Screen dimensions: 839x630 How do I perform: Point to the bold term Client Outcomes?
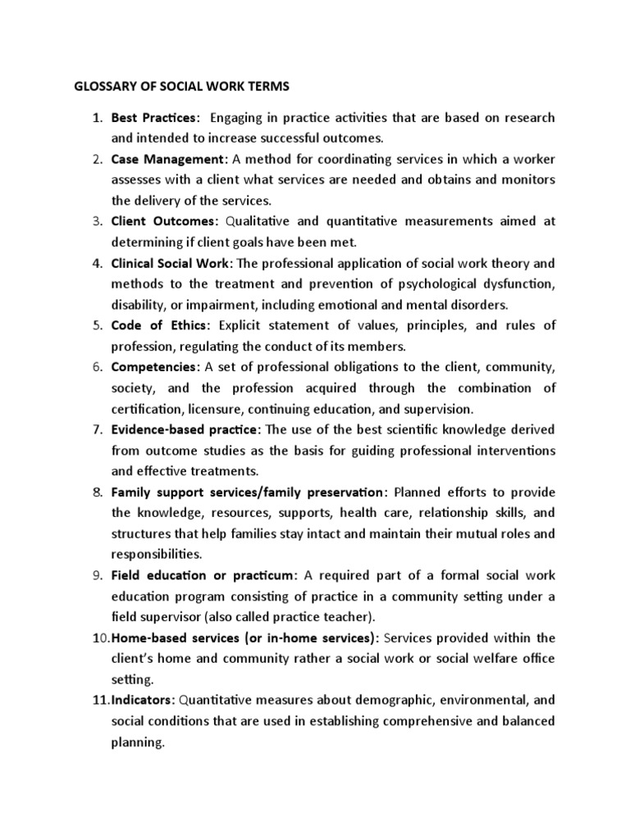point(165,221)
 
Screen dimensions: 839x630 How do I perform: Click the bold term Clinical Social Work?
point(172,263)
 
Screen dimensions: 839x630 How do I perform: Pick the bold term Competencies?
point(155,367)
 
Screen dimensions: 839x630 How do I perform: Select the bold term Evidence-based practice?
point(185,429)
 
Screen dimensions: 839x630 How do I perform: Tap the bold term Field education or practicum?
point(204,574)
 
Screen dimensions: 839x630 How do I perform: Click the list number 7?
point(95,429)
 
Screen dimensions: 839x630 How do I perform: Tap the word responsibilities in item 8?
point(157,554)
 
